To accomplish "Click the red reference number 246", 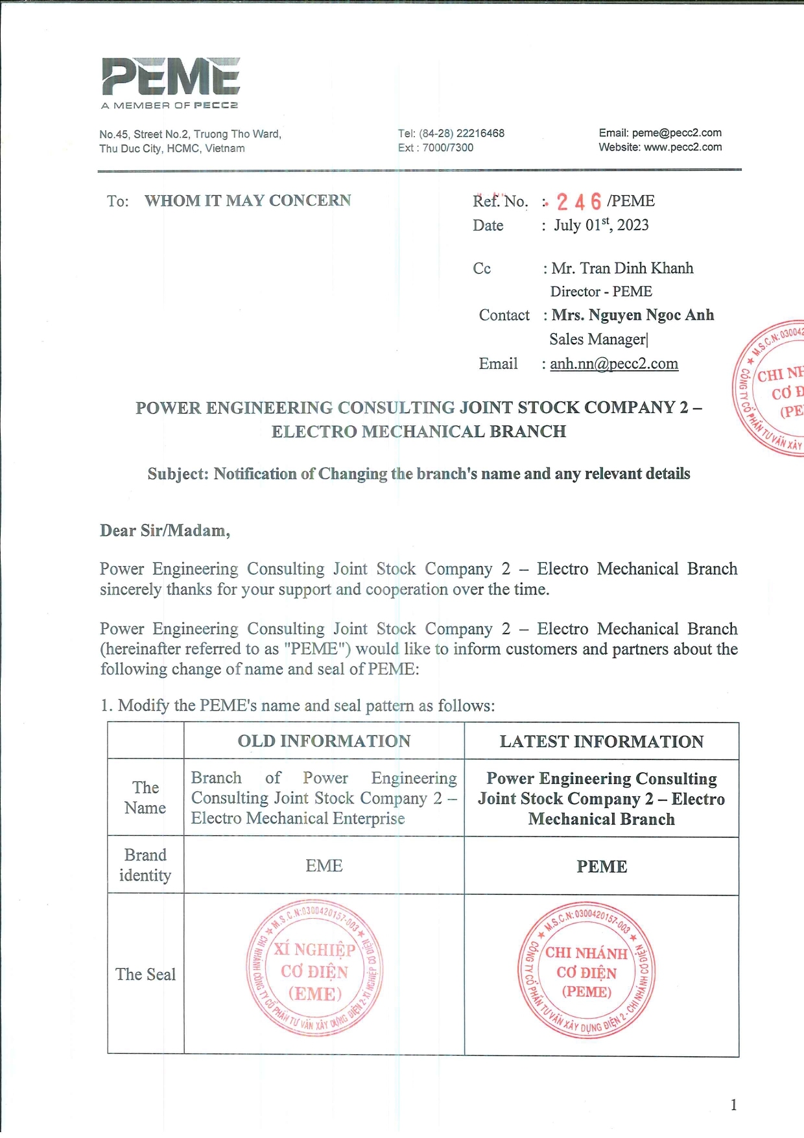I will (x=579, y=202).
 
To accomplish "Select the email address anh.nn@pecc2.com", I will (x=614, y=364).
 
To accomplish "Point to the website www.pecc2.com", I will (x=683, y=147).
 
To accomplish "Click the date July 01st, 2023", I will (x=601, y=225).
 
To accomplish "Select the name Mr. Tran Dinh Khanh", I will (x=622, y=268).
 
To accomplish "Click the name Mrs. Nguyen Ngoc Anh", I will (x=633, y=315).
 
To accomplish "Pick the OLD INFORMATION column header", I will (x=324, y=741).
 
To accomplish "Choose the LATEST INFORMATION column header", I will (x=601, y=741).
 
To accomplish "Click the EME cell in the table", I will (x=324, y=866).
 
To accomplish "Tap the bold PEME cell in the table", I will (x=602, y=867).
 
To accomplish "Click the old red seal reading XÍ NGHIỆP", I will (x=314, y=969).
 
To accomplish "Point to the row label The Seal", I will (x=145, y=975).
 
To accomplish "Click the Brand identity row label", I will (x=145, y=865).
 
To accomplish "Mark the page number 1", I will (x=733, y=1105).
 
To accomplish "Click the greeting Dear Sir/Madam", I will (x=165, y=531).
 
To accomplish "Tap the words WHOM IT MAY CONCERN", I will (x=248, y=201).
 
